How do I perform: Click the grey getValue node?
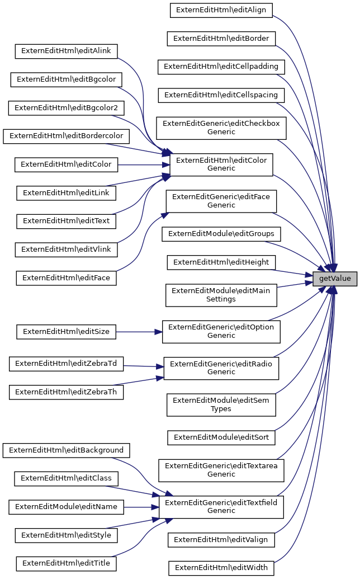click(334, 278)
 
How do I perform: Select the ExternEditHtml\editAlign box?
click(221, 10)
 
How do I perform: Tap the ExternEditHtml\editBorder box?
click(221, 39)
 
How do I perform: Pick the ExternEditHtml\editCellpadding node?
click(221, 67)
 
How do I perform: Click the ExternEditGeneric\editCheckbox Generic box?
click(221, 128)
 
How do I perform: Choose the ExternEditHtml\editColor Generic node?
click(221, 163)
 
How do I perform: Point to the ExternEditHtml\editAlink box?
click(66, 51)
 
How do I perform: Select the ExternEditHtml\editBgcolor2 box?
click(66, 107)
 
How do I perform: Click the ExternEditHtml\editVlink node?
click(66, 249)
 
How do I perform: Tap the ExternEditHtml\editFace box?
click(66, 278)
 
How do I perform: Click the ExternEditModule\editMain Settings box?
click(221, 295)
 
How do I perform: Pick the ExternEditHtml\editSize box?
click(66, 332)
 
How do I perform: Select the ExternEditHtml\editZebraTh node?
click(66, 392)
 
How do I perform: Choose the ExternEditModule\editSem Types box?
click(221, 404)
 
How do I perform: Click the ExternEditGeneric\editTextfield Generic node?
click(221, 506)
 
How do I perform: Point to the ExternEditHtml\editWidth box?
click(221, 568)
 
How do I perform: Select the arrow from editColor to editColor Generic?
click(143, 164)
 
